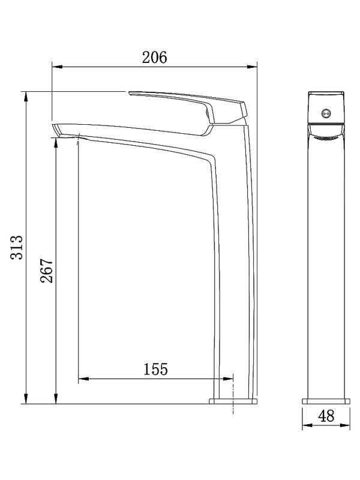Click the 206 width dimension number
pos(154,58)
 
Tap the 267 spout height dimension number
pos(47,271)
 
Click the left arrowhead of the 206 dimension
pos(55,67)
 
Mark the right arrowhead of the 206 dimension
pos(253,67)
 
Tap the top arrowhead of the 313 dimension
pos(26,95)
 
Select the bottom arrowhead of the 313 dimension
pos(26,398)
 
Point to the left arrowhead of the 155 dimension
pos(83,379)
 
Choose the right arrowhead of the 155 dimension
pos(229,379)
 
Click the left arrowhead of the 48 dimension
pos(305,426)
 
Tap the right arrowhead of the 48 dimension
pos(346,426)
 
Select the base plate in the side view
pos(233,400)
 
